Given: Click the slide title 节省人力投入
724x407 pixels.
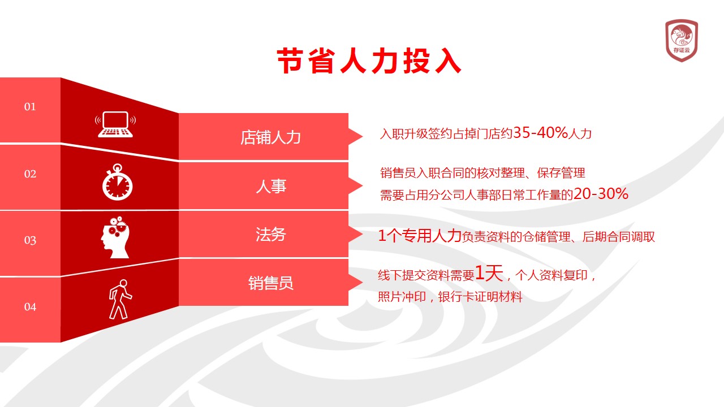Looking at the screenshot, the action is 369,60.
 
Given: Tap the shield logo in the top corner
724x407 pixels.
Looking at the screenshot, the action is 682,40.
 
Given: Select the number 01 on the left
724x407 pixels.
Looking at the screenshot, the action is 30,107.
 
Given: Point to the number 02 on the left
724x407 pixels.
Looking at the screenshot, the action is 30,174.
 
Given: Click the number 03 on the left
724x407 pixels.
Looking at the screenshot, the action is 30,240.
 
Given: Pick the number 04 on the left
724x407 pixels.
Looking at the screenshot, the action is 30,307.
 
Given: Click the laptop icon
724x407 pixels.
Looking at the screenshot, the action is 115,124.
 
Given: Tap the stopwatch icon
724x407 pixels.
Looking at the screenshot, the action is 117,182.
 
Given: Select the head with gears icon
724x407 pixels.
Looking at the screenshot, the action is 115,237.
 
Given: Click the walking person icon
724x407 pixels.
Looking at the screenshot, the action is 120,300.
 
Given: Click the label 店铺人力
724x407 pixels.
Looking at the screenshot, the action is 270,137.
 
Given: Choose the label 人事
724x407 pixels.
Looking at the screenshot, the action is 271,187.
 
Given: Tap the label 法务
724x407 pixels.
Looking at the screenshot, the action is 271,235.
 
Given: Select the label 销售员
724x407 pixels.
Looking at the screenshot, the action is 271,283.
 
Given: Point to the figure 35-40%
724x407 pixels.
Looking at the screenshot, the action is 540,132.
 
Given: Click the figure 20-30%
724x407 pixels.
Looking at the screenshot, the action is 601,194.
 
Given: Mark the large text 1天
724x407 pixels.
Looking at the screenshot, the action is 489,273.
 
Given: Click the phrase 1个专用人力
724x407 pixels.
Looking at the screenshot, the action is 420,236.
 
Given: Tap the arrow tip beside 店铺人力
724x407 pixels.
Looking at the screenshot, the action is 363,136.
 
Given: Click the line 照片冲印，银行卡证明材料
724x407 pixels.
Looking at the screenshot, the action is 450,297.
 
